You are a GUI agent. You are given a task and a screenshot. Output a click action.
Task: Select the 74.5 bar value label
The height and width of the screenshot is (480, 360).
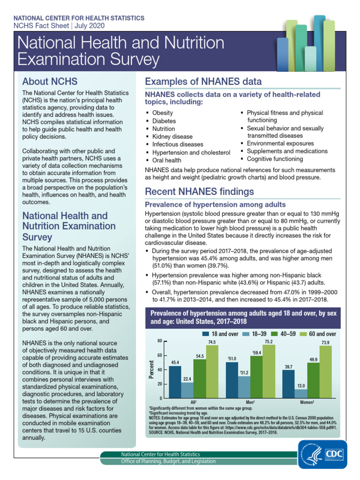click(x=212, y=343)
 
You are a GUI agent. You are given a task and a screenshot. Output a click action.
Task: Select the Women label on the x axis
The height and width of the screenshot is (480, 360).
click(x=307, y=402)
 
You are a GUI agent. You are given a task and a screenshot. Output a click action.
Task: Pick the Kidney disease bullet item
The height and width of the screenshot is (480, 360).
click(x=165, y=136)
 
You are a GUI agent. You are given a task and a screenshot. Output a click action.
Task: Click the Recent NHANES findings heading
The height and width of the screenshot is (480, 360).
click(x=200, y=191)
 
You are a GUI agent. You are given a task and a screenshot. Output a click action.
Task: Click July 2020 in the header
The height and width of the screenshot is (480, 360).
click(x=88, y=26)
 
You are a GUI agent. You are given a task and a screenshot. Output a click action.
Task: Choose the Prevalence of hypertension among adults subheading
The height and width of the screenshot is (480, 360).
click(x=215, y=205)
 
